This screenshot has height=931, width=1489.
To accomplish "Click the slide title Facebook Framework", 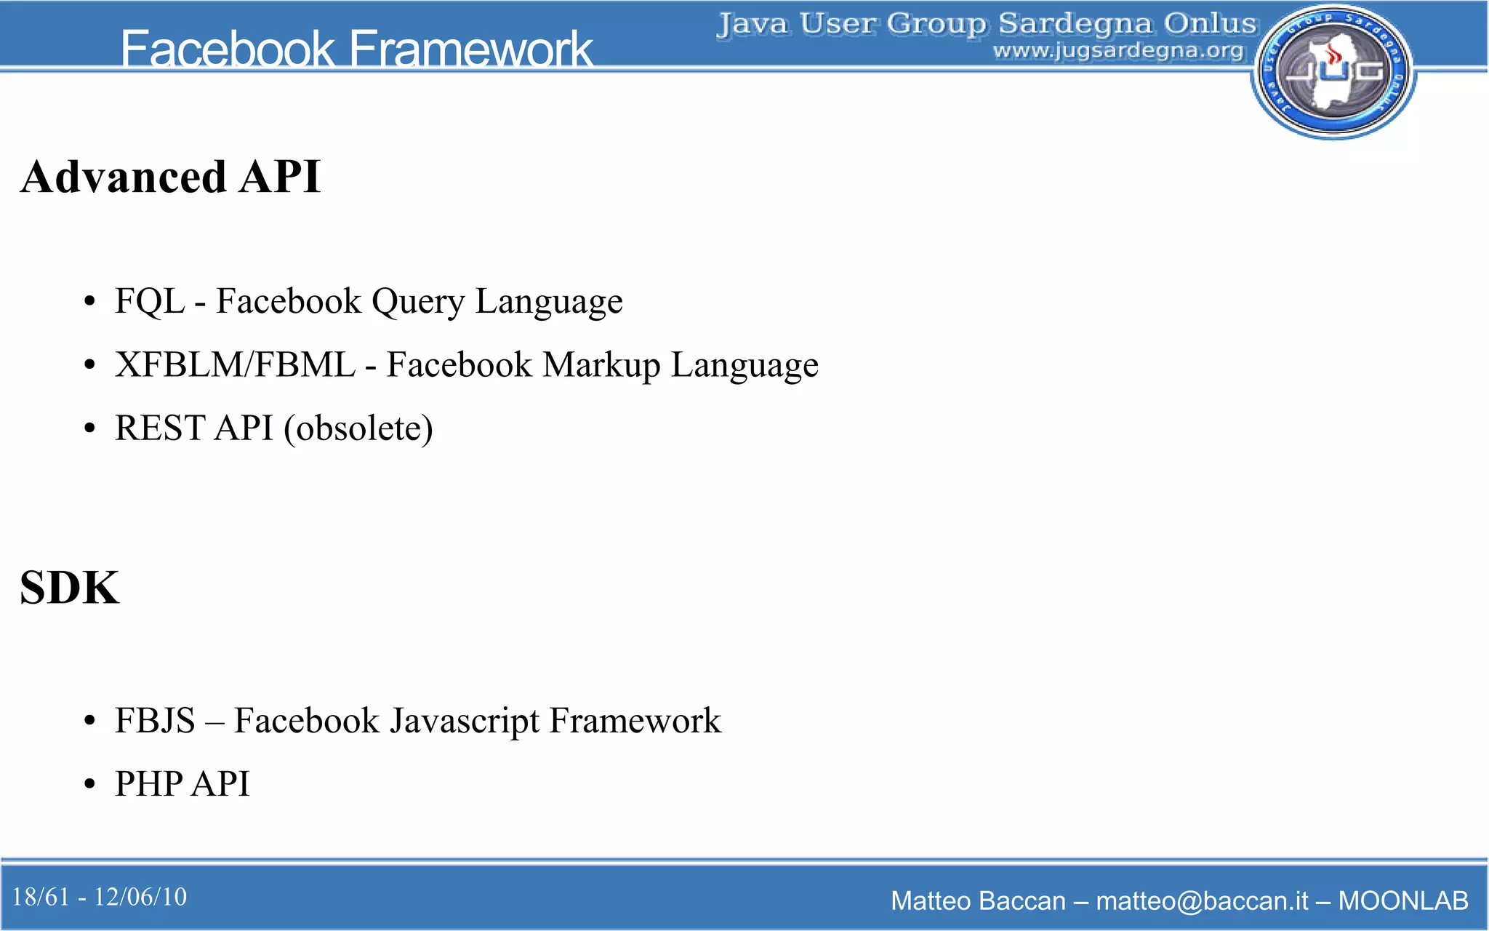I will pos(356,49).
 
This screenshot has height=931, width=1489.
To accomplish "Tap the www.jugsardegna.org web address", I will pos(1118,51).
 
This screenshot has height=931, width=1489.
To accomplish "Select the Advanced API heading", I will pos(170,177).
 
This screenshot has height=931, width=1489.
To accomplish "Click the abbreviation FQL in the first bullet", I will pos(149,301).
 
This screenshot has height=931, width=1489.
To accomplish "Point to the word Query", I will pos(417,301).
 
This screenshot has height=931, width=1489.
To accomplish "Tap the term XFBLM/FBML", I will pos(235,364).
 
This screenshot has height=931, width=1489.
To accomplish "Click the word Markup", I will pos(601,364).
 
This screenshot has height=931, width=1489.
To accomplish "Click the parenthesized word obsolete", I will pos(358,428).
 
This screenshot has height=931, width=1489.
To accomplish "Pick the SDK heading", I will pos(70,588).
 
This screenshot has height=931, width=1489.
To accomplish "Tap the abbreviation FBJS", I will pos(155,721).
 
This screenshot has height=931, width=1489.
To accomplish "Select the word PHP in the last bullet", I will pos(148,784).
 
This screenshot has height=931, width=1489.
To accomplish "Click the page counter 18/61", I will pos(41,897).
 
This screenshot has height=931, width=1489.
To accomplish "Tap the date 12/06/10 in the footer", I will pos(140,897).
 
